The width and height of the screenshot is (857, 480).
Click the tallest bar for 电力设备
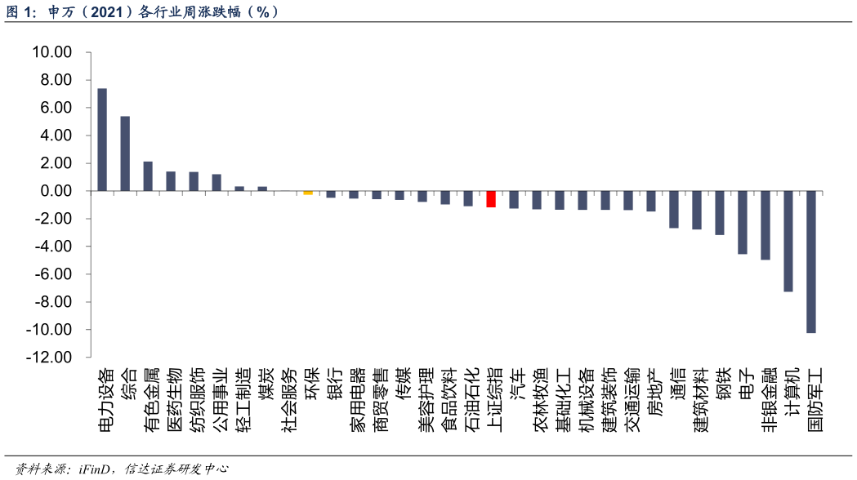pos(102,140)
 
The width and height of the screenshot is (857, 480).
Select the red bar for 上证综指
pos(491,199)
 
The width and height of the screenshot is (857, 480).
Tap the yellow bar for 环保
pos(308,193)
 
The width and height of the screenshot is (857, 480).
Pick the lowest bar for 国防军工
pos(811,262)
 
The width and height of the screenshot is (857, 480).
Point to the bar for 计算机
pos(788,242)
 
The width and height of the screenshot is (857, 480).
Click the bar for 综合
pos(125,153)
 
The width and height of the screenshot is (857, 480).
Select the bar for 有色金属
pos(148,176)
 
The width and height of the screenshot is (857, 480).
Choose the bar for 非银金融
pos(765,225)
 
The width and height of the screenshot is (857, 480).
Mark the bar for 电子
pos(743,223)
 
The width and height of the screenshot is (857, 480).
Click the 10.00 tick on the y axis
pos(51,52)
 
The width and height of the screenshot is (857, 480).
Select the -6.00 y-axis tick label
pos(51,274)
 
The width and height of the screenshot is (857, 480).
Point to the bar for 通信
pos(674,210)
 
